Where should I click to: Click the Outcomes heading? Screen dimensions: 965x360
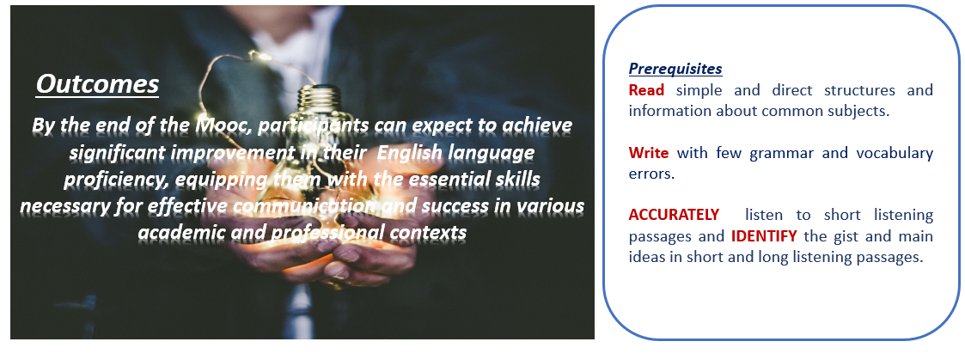97,84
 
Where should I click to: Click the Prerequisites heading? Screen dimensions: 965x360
675,69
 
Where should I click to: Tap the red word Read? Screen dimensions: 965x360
646,90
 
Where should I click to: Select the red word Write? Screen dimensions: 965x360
649,153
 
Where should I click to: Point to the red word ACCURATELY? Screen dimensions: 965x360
674,215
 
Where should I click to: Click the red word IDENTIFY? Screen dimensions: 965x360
764,235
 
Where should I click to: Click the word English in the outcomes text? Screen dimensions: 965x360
410,153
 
